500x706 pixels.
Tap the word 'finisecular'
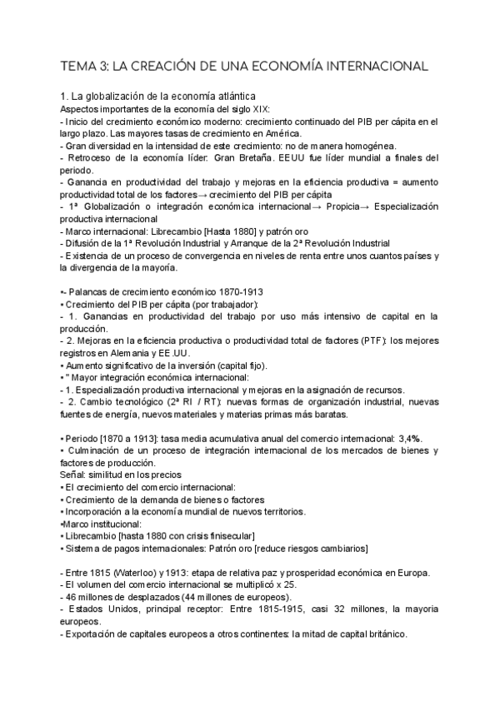click(x=226, y=535)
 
